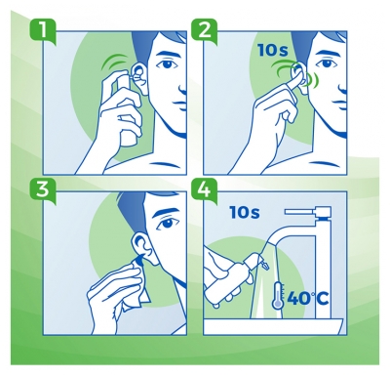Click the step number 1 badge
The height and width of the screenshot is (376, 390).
(x=36, y=29)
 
